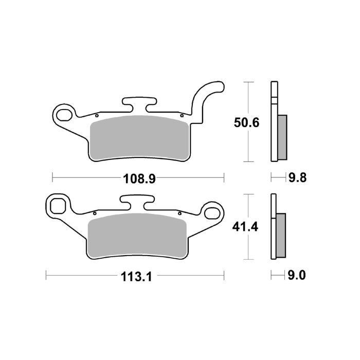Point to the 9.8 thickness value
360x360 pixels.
297,178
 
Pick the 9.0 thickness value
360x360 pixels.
297,277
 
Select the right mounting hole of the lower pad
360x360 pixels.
212,211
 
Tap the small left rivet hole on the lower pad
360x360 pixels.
95,213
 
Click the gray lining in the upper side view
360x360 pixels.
282,137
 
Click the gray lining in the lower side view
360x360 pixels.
281,235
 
